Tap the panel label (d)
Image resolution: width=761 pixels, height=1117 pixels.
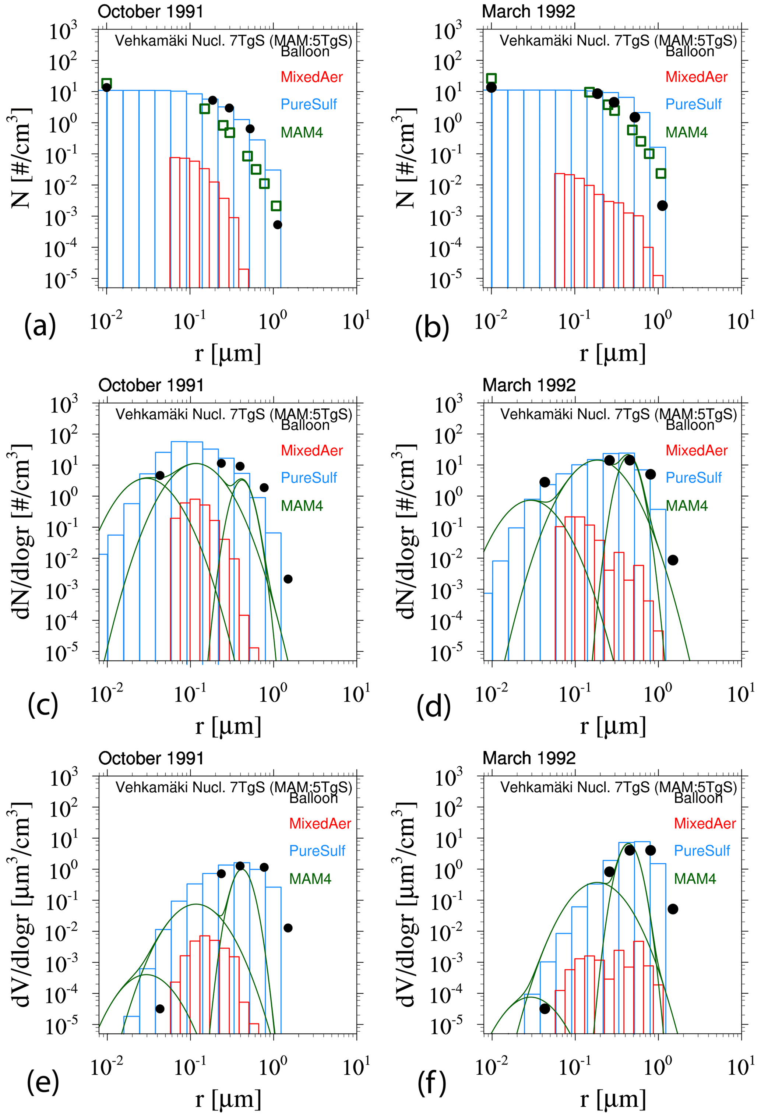coord(434,707)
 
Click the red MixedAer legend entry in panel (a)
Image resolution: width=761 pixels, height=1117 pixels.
coord(311,77)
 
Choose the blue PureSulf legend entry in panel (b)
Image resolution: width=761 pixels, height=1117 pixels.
coord(693,104)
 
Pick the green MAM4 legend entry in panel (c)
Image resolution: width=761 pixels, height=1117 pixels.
coord(302,505)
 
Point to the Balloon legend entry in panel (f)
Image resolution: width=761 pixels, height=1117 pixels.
coord(698,798)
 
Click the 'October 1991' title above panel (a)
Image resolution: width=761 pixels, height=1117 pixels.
coord(151,11)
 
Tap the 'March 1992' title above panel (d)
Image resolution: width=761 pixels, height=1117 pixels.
coord(529,385)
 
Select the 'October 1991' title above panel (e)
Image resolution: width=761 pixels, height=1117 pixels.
coord(151,758)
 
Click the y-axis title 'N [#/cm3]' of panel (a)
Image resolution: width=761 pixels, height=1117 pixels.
coord(20,158)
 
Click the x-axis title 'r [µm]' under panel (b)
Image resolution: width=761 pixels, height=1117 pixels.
coord(612,353)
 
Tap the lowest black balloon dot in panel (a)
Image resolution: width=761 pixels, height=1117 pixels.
coord(277,225)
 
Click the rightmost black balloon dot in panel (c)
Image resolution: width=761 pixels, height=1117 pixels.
coord(288,579)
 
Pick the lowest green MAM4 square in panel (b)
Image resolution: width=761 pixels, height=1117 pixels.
coord(661,173)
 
